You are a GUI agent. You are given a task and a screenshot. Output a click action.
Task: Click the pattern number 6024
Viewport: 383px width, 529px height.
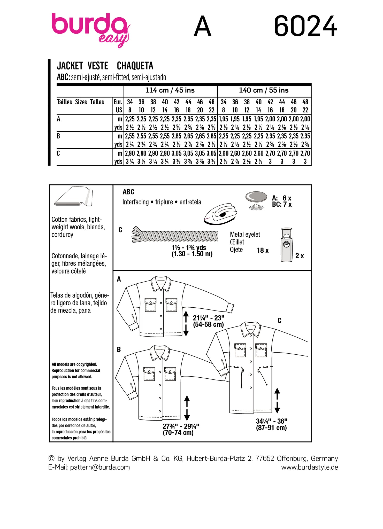[x=305, y=26]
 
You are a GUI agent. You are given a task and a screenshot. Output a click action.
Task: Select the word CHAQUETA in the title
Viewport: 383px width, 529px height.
[x=135, y=66]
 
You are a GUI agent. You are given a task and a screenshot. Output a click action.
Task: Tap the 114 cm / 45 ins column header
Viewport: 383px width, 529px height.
[x=170, y=90]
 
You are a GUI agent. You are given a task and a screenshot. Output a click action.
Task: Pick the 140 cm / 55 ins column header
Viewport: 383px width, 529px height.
[x=264, y=90]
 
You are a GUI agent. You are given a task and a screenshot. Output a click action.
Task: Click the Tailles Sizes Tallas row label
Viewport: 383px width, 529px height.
[x=80, y=102]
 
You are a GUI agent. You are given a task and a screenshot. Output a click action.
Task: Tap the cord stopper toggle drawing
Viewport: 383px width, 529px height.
[x=286, y=245]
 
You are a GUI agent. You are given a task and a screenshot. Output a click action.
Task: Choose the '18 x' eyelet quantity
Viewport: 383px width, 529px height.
[x=263, y=251]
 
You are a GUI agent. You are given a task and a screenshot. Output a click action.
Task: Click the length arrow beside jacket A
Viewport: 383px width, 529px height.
[x=186, y=324]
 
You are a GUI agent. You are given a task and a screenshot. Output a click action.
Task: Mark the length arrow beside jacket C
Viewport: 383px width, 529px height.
[x=277, y=401]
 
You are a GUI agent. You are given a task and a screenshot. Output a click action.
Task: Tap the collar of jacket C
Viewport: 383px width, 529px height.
[x=250, y=329]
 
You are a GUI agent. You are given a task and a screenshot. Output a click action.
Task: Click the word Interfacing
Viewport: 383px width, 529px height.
[x=135, y=202]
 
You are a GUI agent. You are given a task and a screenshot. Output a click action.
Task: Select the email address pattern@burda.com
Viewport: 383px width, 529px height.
[x=100, y=467]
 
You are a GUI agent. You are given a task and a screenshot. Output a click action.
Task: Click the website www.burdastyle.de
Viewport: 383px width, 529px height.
[x=309, y=467]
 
